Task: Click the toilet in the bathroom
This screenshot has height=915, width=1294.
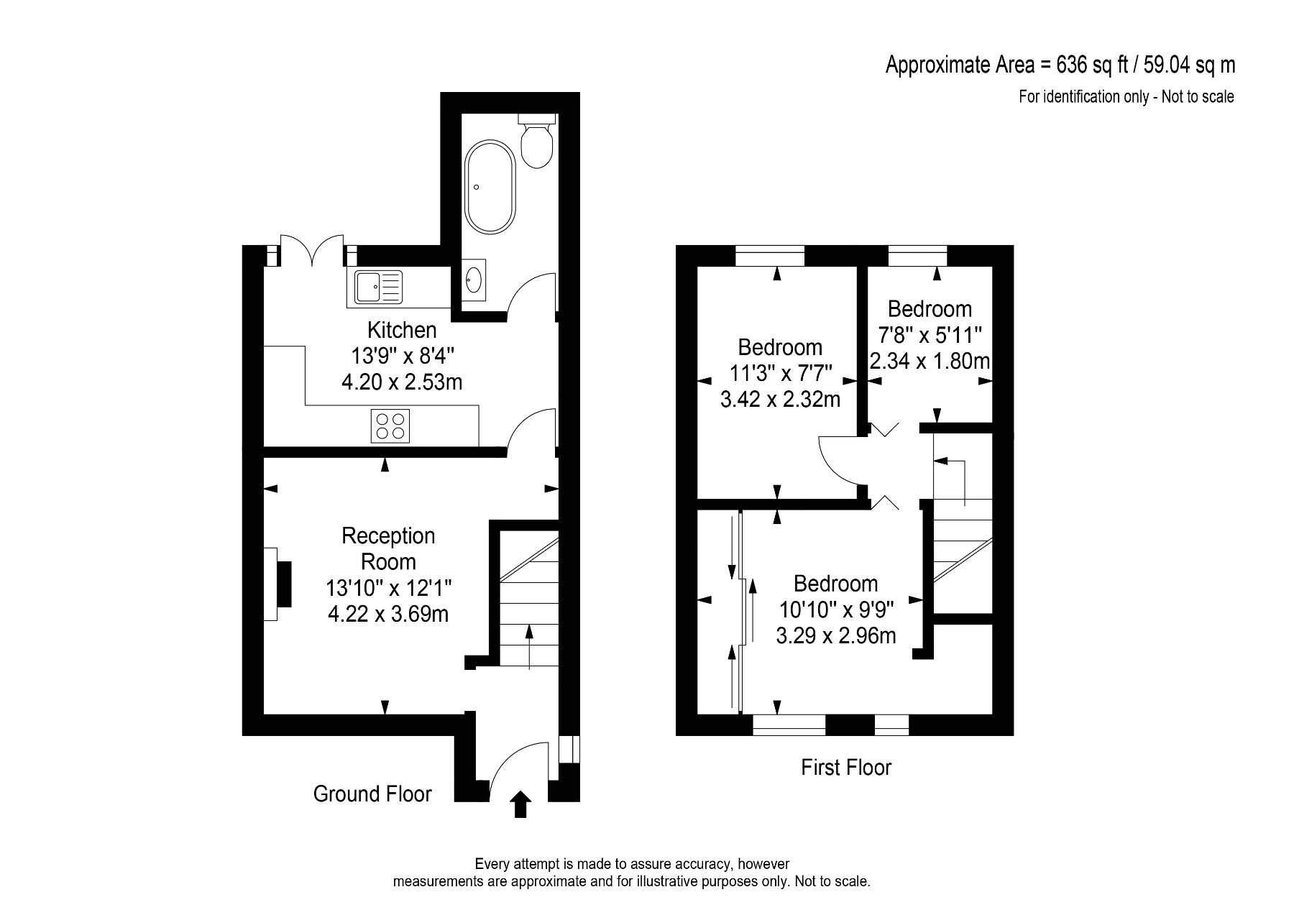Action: pyautogui.click(x=537, y=142)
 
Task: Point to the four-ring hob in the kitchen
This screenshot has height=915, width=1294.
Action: pyautogui.click(x=390, y=426)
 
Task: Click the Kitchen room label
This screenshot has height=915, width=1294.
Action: pyautogui.click(x=402, y=330)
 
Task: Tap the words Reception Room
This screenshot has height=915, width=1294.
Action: pyautogui.click(x=388, y=548)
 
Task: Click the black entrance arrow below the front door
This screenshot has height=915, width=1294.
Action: pyautogui.click(x=520, y=804)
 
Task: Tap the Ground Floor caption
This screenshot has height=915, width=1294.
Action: pyautogui.click(x=372, y=794)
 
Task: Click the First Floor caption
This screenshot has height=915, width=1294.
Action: pyautogui.click(x=845, y=768)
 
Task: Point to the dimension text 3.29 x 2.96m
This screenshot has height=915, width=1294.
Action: pyautogui.click(x=836, y=635)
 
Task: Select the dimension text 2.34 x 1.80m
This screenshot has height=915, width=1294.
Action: pyautogui.click(x=929, y=360)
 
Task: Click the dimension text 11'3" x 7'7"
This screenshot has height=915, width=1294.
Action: pyautogui.click(x=780, y=373)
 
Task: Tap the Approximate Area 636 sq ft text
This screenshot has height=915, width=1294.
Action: pyautogui.click(x=1060, y=65)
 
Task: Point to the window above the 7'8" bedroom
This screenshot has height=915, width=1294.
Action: pyautogui.click(x=917, y=255)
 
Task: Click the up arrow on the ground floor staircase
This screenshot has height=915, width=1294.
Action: pyautogui.click(x=530, y=645)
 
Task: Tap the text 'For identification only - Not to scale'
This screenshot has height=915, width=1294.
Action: pyautogui.click(x=1126, y=96)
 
